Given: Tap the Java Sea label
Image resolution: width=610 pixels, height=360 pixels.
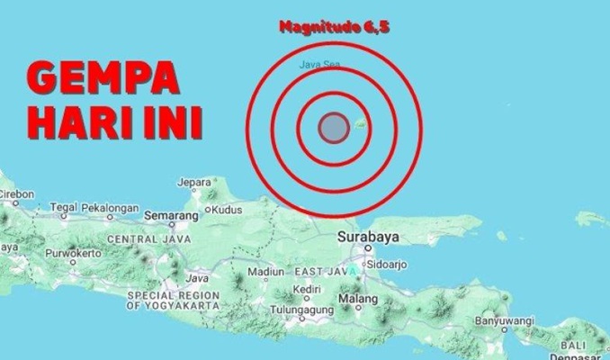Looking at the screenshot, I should click(x=314, y=65).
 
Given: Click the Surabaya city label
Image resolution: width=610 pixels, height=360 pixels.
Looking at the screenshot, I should click(x=368, y=238).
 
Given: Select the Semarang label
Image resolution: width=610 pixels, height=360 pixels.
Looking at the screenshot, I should click(x=170, y=217).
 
